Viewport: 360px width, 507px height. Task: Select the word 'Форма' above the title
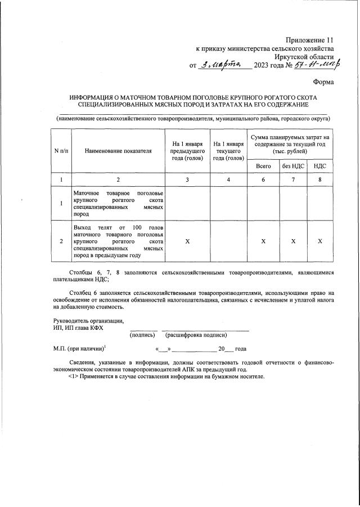pos(324,82)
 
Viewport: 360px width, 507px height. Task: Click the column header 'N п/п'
pos(61,151)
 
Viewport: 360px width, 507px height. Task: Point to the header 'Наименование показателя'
pos(118,151)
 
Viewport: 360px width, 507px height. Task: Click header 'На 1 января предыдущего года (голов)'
pos(187,151)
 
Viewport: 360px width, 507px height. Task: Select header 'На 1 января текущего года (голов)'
pos(228,151)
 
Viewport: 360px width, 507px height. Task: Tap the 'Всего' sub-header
pos(263,166)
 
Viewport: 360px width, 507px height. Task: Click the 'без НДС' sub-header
pos(293,166)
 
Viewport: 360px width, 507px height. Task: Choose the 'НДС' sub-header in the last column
pos(319,166)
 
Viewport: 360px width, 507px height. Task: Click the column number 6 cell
pos(263,180)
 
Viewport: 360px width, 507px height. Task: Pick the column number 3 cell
pos(187,180)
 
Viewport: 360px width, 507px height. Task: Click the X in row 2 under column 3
pos(187,241)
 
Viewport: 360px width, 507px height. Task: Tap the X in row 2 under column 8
pos(319,241)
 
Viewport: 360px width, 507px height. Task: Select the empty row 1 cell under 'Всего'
pos(263,203)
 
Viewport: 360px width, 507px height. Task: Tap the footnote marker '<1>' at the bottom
pos(74,376)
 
